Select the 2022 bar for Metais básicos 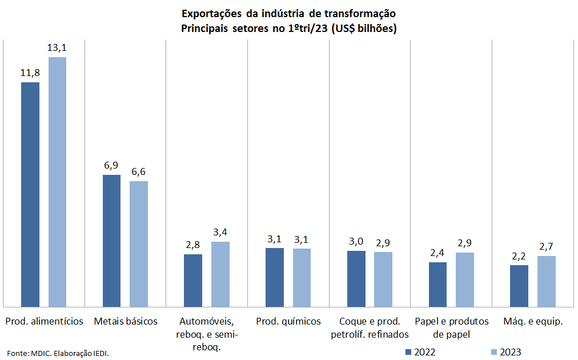(x=111, y=241)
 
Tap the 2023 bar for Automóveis (x=220, y=274)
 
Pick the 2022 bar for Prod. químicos (x=275, y=277)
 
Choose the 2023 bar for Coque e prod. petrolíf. (x=383, y=279)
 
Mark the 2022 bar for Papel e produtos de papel (x=437, y=284)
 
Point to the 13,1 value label (x=57, y=48)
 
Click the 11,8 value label (x=30, y=73)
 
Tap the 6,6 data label (x=139, y=172)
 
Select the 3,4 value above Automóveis (x=220, y=233)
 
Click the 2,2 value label (x=519, y=256)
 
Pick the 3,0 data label (x=356, y=241)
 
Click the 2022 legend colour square (x=408, y=351)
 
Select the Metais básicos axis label (x=126, y=321)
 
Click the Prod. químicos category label (x=288, y=321)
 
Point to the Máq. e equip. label (x=533, y=321)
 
